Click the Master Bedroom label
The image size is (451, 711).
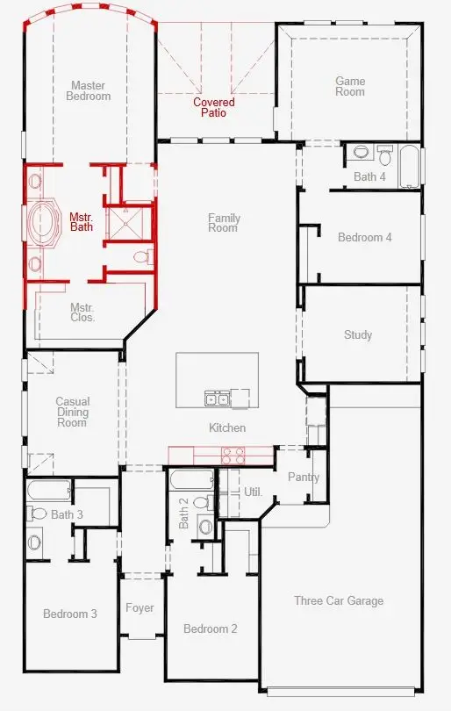(89, 90)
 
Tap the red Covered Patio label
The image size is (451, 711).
(214, 107)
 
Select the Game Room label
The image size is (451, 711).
(350, 86)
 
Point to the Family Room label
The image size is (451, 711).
(223, 223)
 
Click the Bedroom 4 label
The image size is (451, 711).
(365, 237)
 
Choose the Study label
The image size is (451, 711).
(358, 334)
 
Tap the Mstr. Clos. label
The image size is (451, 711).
(82, 312)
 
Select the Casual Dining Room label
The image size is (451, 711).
(72, 412)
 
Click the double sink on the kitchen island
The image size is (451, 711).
(217, 399)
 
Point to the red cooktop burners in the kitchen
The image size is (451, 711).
(233, 455)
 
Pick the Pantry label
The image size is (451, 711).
(304, 478)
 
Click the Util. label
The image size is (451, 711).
(253, 492)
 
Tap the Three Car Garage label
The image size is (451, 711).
(339, 600)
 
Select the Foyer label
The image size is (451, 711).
(140, 607)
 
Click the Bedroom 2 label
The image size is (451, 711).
(210, 628)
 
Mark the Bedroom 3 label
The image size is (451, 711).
(70, 614)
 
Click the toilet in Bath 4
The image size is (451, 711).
(384, 156)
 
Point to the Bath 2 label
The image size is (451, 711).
(184, 513)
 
